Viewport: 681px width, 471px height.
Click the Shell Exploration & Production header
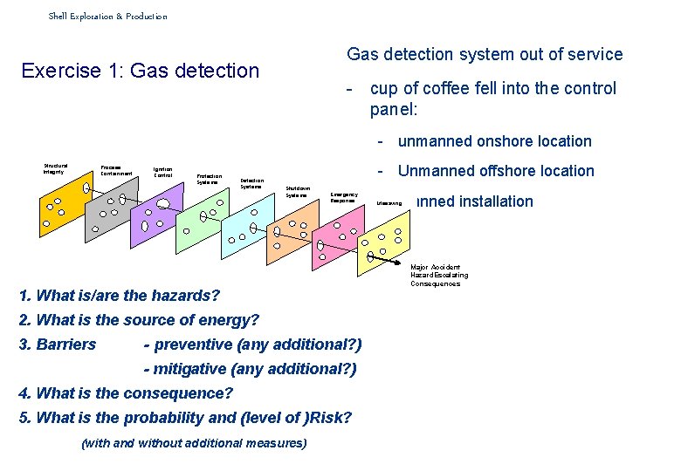pos(107,16)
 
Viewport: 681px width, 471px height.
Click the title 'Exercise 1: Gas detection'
pos(141,71)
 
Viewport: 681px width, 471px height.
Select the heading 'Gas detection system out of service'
pos(485,54)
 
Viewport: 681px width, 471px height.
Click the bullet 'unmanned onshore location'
pos(494,141)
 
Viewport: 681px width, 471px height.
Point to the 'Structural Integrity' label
pos(55,168)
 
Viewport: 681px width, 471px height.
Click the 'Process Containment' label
pos(116,171)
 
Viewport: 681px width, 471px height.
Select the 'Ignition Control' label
pos(163,173)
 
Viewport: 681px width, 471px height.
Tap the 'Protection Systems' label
pos(209,179)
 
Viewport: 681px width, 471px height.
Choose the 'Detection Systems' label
pos(251,184)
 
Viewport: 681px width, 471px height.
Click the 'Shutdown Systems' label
pos(298,191)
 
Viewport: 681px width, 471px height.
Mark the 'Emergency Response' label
pos(342,197)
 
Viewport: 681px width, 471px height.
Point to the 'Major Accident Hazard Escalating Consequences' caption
pos(439,276)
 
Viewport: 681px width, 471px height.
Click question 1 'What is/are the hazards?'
pos(120,296)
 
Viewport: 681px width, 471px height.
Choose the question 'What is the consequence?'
pos(126,393)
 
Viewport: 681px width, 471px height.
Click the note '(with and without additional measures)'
pos(194,443)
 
